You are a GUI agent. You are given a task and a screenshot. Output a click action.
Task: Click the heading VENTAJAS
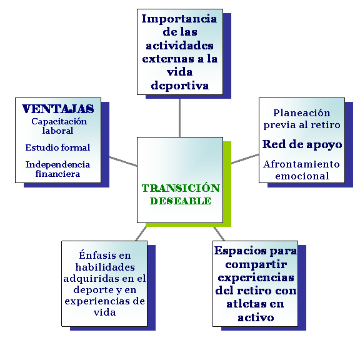[x=58, y=109]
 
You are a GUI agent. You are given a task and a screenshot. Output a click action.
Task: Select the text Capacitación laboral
[x=59, y=126]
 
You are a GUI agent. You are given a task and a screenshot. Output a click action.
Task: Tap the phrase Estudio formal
[x=57, y=147]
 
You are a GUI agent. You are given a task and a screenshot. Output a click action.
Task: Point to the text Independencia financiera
[x=57, y=169]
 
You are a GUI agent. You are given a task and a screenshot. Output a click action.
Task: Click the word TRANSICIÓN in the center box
[x=181, y=188]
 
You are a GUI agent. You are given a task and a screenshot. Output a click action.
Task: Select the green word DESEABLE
[x=181, y=201]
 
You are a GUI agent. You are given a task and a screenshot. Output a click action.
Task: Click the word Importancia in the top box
[x=179, y=19]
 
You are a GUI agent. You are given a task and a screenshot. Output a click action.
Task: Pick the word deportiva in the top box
[x=180, y=86]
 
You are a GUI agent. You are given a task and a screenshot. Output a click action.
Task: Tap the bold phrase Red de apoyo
[x=302, y=144]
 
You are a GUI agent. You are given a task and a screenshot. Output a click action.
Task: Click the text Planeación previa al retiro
[x=302, y=119]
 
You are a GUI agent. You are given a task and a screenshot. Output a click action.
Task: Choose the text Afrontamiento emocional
[x=302, y=170]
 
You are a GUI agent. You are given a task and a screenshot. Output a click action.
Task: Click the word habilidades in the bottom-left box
[x=105, y=267]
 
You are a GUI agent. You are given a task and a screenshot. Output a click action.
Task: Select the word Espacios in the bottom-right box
[x=241, y=251]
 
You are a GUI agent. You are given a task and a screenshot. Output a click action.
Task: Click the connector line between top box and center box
[x=179, y=118]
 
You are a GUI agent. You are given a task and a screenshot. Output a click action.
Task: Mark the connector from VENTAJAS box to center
[x=123, y=161]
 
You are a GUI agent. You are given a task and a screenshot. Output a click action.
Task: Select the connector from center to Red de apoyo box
[x=245, y=159]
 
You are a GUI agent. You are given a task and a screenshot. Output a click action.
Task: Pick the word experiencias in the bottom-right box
[x=256, y=277]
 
